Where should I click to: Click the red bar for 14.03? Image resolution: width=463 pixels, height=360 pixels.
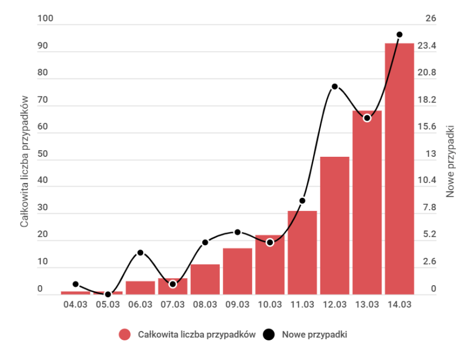point(399,169)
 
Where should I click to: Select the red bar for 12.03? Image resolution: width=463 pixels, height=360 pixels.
point(335,225)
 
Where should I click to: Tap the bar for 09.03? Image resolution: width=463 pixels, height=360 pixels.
point(237,271)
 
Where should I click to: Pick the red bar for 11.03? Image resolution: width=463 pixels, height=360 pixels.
point(302,252)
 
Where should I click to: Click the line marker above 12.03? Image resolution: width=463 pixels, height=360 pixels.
point(335,87)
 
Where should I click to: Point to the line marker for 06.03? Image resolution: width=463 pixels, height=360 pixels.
point(140,252)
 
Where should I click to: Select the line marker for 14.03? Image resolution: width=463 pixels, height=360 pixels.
point(399,34)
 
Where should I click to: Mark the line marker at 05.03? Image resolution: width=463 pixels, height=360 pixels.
point(108,294)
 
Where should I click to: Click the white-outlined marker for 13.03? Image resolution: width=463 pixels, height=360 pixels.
point(367,118)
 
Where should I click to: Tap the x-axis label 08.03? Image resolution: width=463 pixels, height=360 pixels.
point(205,305)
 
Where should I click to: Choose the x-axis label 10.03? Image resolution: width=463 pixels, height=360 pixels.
point(270,305)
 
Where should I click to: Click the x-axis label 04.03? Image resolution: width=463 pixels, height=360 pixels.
point(75,305)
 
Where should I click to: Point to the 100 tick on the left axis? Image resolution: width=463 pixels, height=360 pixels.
point(45,19)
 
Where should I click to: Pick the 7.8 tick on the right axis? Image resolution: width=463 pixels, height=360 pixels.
point(445,208)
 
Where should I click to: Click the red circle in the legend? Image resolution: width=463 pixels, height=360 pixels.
point(124,334)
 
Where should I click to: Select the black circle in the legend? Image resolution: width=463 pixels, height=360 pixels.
point(269,334)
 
